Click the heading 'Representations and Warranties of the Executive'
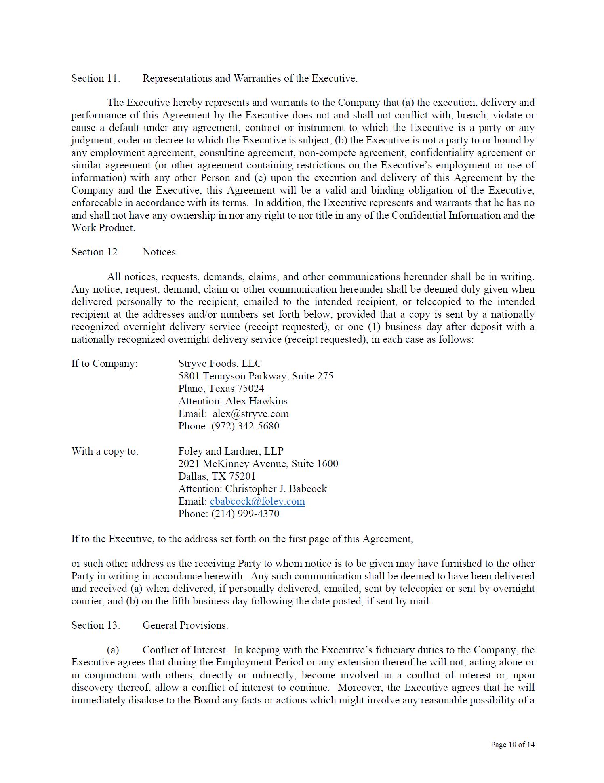click(x=249, y=78)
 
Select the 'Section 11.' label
click(x=96, y=78)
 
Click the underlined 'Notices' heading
click(x=159, y=252)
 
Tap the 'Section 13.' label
click(x=96, y=625)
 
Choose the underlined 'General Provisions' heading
click(x=184, y=625)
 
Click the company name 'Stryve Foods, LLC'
click(x=220, y=364)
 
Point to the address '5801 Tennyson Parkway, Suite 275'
click(x=255, y=376)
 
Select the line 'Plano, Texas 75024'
click(x=221, y=389)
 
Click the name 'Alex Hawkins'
click(x=256, y=401)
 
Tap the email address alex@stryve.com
click(x=250, y=414)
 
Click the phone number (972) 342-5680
click(x=245, y=426)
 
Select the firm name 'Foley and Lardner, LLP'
click(x=231, y=451)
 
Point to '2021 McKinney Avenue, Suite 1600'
click(x=258, y=464)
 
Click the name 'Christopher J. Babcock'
click(x=276, y=489)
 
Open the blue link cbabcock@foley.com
click(x=257, y=501)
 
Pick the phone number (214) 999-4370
click(x=245, y=514)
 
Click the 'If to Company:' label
click(x=104, y=364)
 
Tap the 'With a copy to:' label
click(x=105, y=451)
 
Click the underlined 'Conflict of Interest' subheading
click(x=184, y=650)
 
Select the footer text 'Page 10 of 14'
click(x=512, y=744)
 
